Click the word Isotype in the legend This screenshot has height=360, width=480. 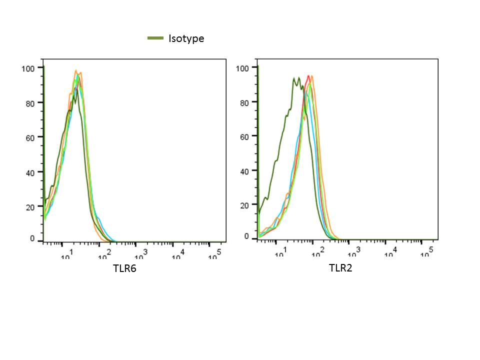pos(186,38)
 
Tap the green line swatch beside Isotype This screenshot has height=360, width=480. pos(155,38)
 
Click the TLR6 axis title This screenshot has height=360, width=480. pos(124,269)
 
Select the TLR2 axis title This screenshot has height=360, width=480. pos(340,268)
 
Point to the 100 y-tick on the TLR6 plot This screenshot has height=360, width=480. pos(28,68)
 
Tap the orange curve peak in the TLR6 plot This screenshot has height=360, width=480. pos(76,70)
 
